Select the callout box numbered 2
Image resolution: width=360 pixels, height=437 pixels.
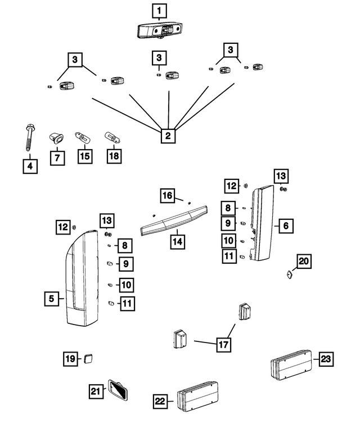click(167, 135)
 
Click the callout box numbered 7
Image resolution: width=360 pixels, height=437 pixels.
click(57, 158)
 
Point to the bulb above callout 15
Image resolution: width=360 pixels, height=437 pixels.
click(82, 137)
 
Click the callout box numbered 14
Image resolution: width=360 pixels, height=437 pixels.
click(177, 241)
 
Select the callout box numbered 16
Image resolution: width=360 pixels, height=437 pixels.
click(167, 196)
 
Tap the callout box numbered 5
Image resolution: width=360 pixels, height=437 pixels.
click(52, 299)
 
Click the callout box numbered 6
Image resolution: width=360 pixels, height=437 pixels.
click(285, 226)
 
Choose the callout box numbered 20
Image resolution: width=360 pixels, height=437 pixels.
click(304, 262)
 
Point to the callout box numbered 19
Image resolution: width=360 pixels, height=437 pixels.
click(70, 358)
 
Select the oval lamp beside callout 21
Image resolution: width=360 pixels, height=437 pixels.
click(118, 389)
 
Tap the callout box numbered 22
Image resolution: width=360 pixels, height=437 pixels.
click(160, 401)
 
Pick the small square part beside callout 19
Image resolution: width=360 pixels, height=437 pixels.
click(88, 358)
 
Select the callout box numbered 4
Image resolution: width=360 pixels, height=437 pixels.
click(30, 166)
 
